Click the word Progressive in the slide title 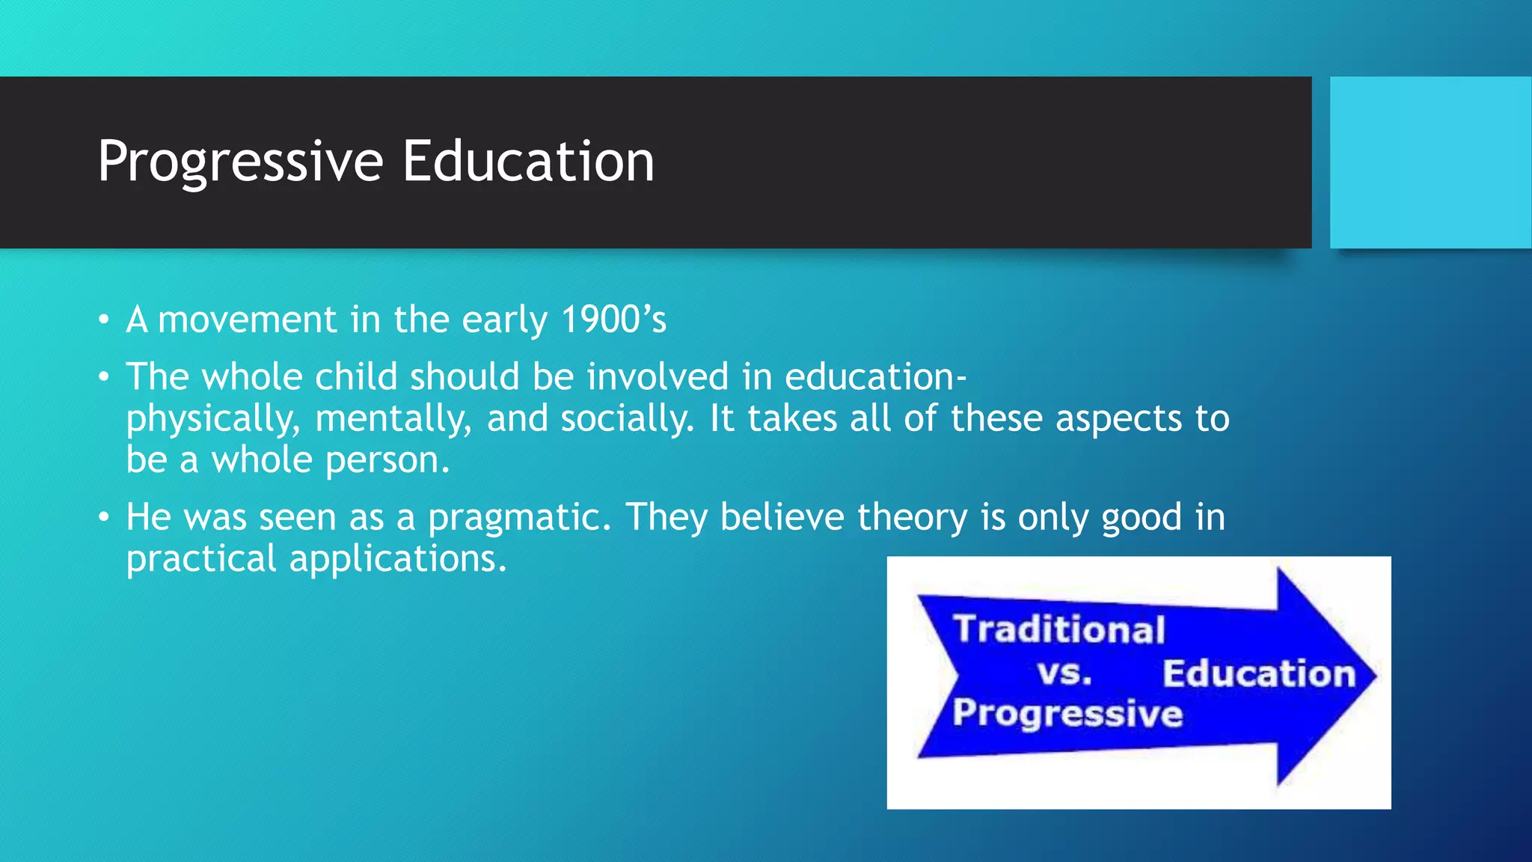click(x=240, y=162)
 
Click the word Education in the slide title click(x=528, y=161)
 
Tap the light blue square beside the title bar click(x=1430, y=162)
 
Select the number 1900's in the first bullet click(x=613, y=320)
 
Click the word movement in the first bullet click(x=248, y=320)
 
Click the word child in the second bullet click(x=356, y=376)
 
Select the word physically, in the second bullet click(x=213, y=419)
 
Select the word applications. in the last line click(x=398, y=559)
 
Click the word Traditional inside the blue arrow click(x=1059, y=629)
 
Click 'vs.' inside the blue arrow click(x=1064, y=673)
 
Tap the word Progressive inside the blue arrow click(x=1067, y=713)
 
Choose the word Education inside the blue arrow click(x=1259, y=673)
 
